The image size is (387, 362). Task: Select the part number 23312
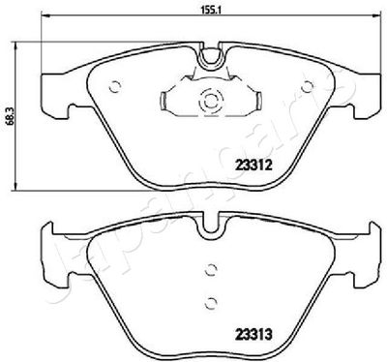tap(254, 166)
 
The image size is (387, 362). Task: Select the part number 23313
tap(254, 334)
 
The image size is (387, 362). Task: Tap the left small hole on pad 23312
tap(115, 86)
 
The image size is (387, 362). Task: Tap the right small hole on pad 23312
tap(307, 86)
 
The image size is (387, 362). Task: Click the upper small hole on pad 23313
tap(211, 269)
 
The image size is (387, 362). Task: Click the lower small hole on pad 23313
tap(211, 302)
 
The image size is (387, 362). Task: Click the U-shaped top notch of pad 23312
tap(210, 66)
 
